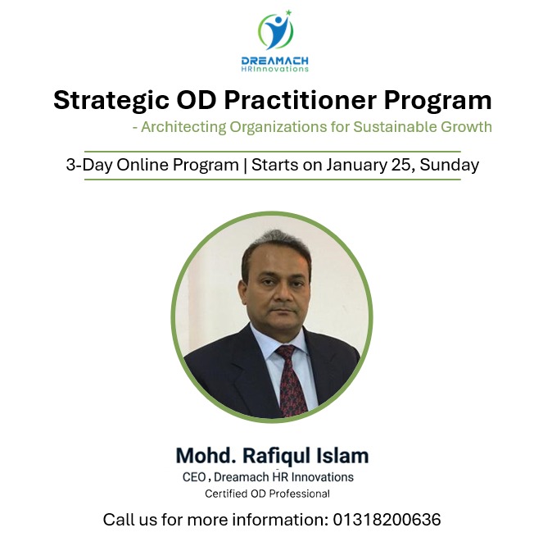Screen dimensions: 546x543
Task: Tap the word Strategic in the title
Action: click(104, 101)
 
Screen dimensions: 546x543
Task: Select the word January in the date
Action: click(356, 164)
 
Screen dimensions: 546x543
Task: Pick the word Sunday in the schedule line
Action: click(450, 164)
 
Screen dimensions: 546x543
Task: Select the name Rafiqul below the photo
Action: click(281, 455)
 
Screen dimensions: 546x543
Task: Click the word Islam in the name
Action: click(344, 455)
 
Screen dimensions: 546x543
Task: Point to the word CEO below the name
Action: click(193, 477)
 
